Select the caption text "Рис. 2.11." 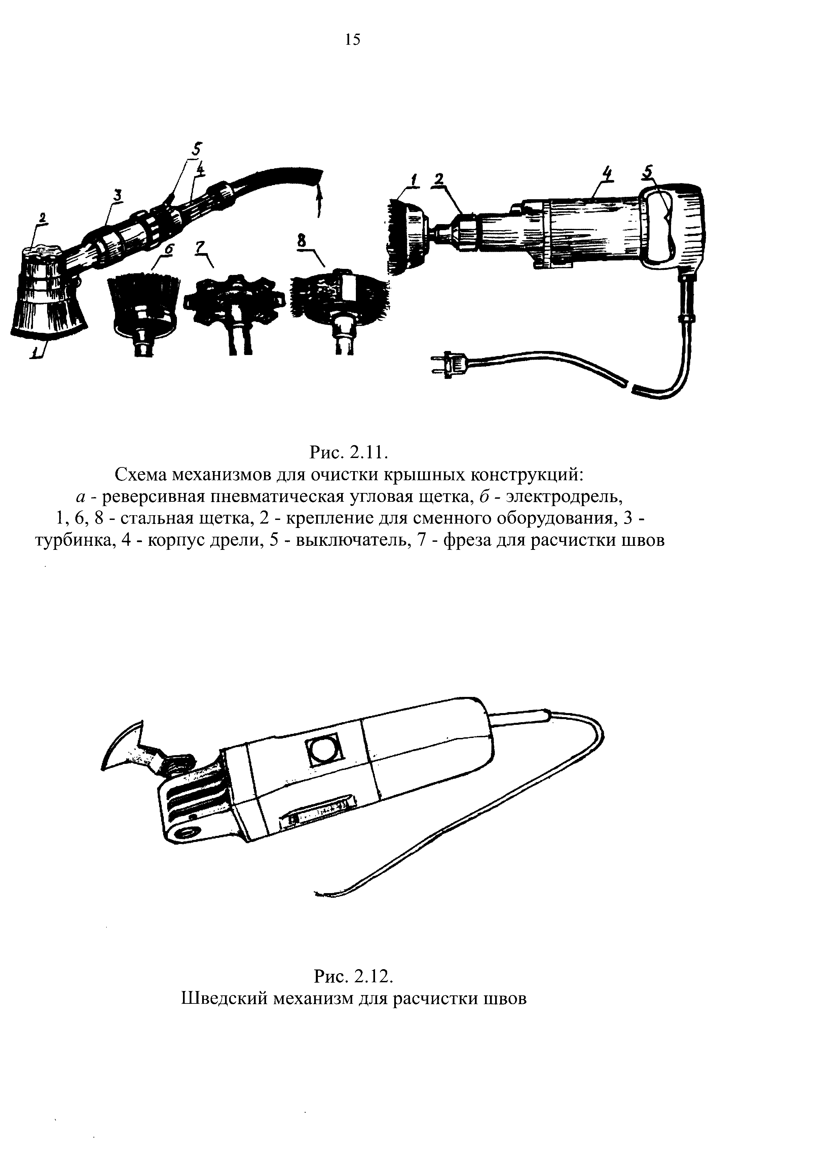(348, 451)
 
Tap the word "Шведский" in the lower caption (224, 998)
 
